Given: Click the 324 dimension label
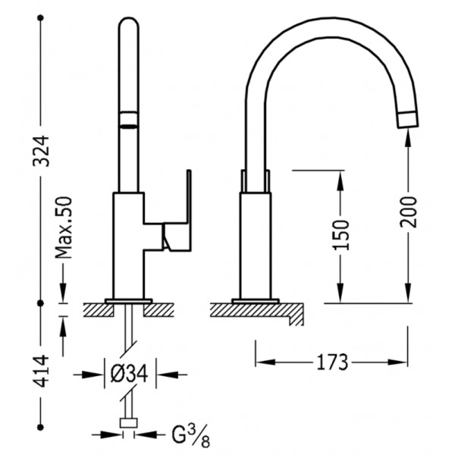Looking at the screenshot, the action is click(41, 151).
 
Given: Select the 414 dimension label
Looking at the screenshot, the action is click(41, 371).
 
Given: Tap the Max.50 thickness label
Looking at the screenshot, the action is click(63, 227).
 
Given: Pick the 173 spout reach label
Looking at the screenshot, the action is click(332, 362).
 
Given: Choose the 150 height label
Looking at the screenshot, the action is click(340, 235).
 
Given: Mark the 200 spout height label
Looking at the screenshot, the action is click(408, 212).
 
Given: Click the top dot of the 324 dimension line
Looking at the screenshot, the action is click(41, 18).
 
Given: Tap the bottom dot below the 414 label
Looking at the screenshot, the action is click(41, 427).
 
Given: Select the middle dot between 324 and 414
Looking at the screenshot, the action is click(41, 303).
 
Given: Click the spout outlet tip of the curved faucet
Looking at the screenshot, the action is click(409, 120).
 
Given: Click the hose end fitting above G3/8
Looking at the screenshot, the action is click(129, 423).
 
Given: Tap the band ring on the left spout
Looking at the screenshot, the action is click(129, 119).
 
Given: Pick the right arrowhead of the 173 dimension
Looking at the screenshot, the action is click(397, 362).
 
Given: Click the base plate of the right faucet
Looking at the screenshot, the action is click(256, 301).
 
